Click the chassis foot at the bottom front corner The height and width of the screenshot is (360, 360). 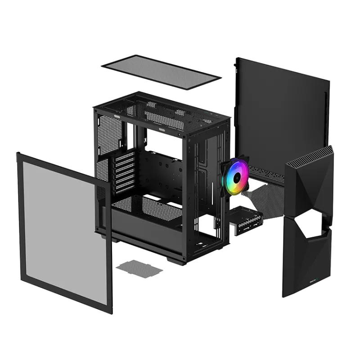[175, 260]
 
